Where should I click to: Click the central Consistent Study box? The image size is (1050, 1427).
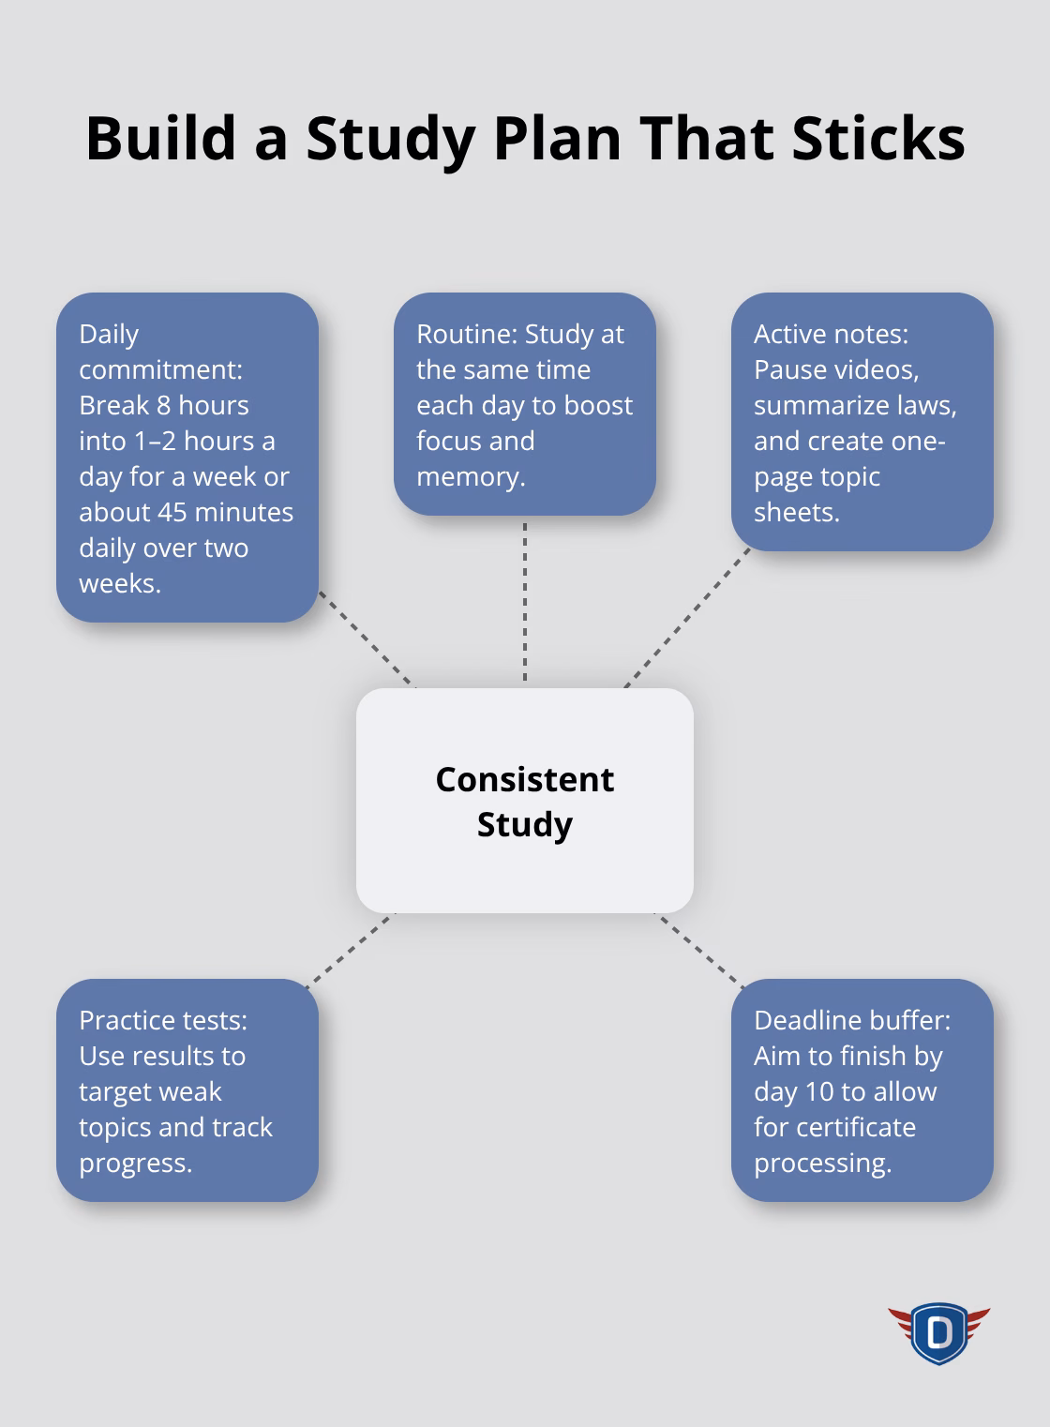click(x=525, y=801)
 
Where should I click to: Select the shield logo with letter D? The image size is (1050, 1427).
click(x=938, y=1331)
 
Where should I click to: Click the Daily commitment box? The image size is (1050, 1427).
click(x=187, y=458)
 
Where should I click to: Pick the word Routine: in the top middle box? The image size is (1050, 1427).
click(x=466, y=334)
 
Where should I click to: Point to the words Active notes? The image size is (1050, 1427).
click(x=831, y=334)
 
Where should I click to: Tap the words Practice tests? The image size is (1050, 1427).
click(x=163, y=1020)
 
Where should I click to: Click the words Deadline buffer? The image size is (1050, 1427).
click(x=851, y=1020)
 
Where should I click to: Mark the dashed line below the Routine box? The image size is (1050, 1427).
click(x=525, y=600)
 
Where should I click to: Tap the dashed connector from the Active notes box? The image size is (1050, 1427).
click(x=686, y=619)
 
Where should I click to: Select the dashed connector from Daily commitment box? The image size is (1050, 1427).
click(x=367, y=639)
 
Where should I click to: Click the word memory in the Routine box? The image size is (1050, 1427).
click(x=468, y=476)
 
